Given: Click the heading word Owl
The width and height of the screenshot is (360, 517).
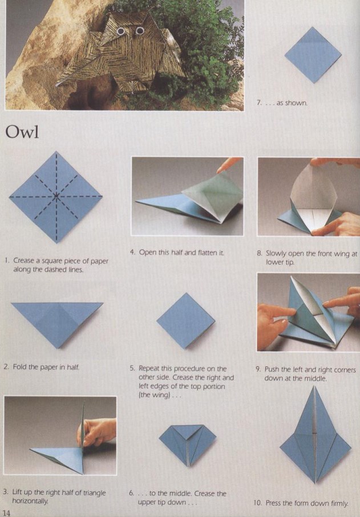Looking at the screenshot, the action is (x=22, y=132).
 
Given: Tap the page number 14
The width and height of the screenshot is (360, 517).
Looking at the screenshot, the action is (x=7, y=512).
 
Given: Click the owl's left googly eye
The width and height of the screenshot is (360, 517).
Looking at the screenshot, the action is (x=121, y=32).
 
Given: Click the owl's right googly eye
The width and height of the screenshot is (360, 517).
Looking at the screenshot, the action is (x=140, y=31).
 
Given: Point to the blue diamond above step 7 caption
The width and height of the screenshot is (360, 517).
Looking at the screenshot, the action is (x=313, y=55).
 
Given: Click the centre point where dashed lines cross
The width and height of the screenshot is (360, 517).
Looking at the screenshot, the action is (x=56, y=196).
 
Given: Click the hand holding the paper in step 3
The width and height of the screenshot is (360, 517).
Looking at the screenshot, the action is (x=97, y=431).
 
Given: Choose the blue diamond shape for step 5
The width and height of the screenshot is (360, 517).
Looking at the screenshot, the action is (x=186, y=320).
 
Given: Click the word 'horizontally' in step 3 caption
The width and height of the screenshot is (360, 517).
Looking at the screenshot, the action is (x=30, y=501).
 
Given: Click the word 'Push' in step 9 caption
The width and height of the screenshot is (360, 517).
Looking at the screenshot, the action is (x=272, y=369).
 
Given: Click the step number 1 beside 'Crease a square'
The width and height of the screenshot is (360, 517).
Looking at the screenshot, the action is (x=6, y=260).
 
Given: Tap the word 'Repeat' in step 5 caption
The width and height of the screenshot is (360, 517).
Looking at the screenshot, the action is (x=149, y=369).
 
